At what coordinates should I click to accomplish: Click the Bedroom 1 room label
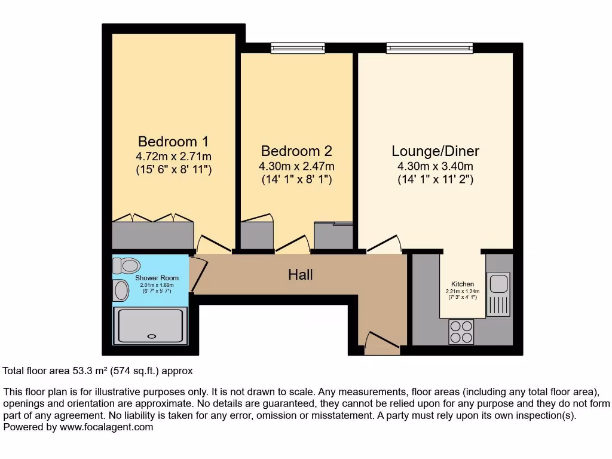(173, 142)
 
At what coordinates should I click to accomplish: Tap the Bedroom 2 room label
(296, 151)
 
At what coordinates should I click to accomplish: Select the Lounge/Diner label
(435, 151)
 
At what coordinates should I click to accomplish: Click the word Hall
(300, 275)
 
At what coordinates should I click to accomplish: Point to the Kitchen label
(463, 284)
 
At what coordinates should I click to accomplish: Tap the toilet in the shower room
(126, 265)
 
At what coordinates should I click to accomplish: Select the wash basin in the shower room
(120, 291)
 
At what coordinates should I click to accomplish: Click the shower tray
(151, 327)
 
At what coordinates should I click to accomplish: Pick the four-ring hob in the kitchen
(461, 332)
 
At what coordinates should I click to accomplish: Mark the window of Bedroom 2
(298, 48)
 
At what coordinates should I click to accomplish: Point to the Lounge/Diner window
(421, 48)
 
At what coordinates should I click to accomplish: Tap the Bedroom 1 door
(213, 244)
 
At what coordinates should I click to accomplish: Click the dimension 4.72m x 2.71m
(173, 157)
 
